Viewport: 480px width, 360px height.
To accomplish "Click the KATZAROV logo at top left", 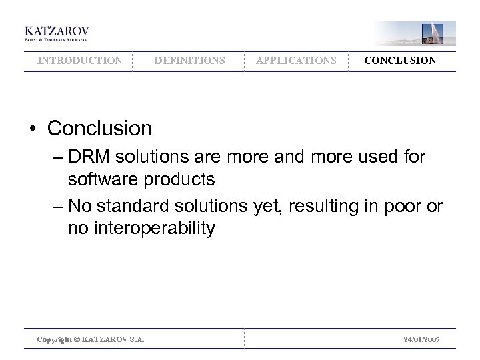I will tap(57, 33).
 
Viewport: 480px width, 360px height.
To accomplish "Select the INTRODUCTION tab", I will tap(79, 61).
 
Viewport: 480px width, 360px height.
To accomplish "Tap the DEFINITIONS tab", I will tap(189, 61).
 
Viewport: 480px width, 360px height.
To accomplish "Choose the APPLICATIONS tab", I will tap(296, 61).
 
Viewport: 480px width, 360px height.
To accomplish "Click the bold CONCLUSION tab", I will tap(400, 61).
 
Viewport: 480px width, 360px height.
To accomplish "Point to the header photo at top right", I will tap(415, 33).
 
